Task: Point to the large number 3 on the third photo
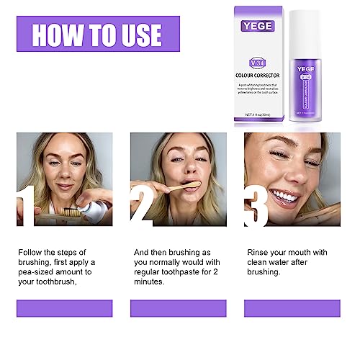257,204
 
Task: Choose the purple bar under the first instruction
64,308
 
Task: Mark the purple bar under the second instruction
178,308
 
